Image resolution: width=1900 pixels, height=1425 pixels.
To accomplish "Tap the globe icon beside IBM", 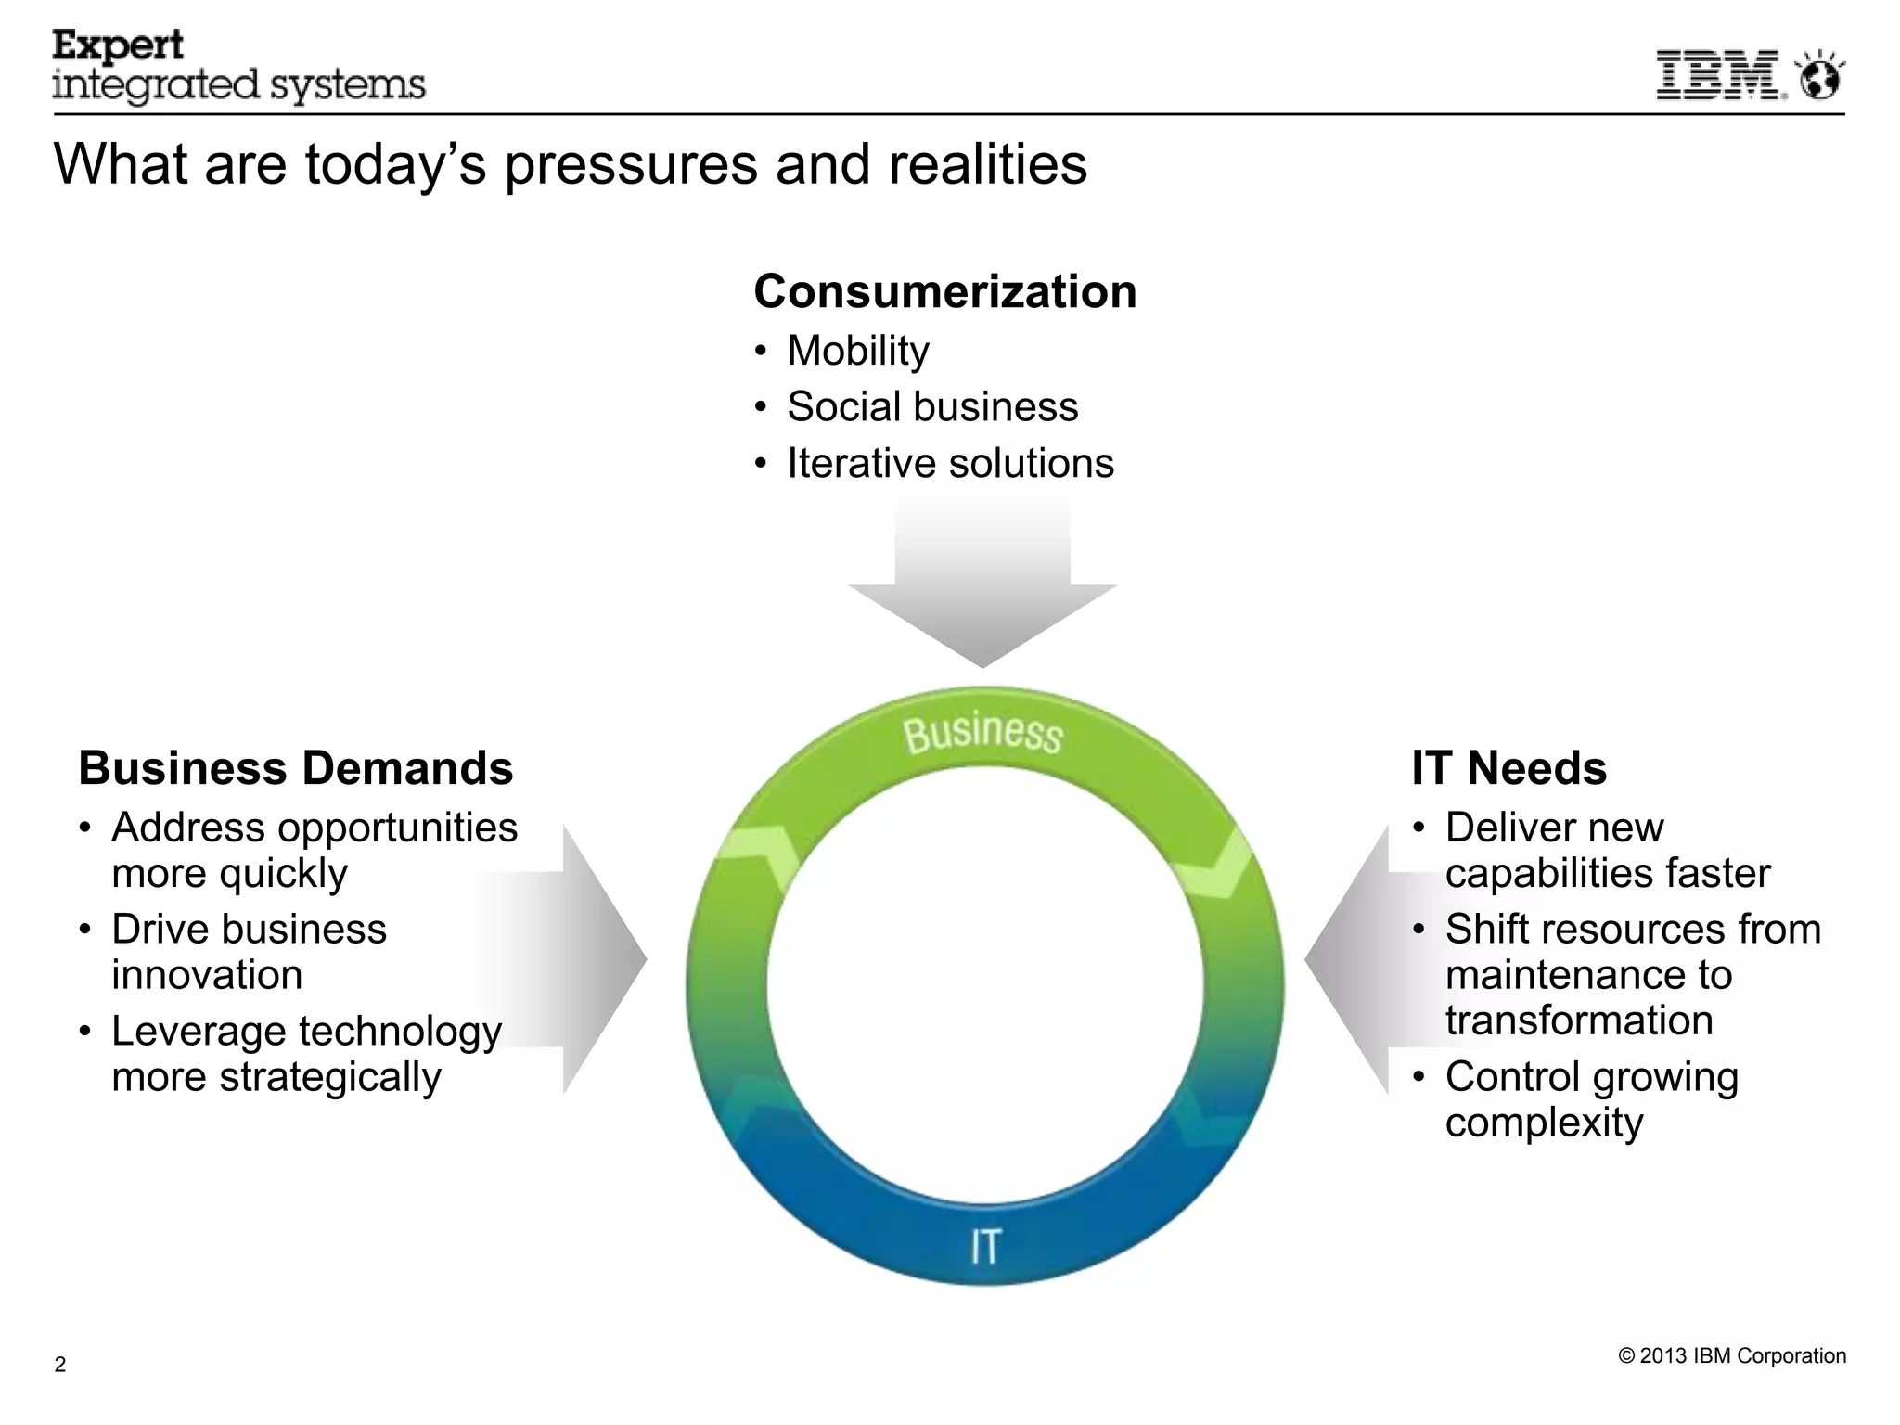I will coord(1820,76).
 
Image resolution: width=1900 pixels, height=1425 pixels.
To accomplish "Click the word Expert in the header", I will coord(118,45).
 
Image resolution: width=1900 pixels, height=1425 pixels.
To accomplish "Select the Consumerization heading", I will coord(944,291).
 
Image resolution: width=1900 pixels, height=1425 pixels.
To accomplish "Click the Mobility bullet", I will coord(857,351).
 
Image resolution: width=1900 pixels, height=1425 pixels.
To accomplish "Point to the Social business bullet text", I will coord(932,406).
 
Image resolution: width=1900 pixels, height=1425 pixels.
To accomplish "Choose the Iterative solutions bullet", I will coord(950,463).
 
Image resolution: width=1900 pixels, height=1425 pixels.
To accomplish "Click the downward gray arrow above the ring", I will coord(982,594).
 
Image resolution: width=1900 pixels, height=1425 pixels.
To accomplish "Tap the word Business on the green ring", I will coord(982,733).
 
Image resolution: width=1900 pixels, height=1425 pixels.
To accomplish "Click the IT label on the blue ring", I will coord(984,1246).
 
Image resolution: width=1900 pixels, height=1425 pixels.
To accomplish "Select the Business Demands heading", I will coord(295,768).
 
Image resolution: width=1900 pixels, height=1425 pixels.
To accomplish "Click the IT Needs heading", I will coord(1508,768).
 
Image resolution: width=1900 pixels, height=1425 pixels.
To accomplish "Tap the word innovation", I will coord(207,975).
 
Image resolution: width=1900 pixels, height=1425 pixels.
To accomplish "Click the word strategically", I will coord(329,1077).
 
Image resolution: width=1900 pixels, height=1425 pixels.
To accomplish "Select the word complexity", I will coord(1544,1123).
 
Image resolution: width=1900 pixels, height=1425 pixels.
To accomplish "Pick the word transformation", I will coord(1578,1021).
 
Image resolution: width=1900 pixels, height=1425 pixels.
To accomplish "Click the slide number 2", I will coord(60,1364).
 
